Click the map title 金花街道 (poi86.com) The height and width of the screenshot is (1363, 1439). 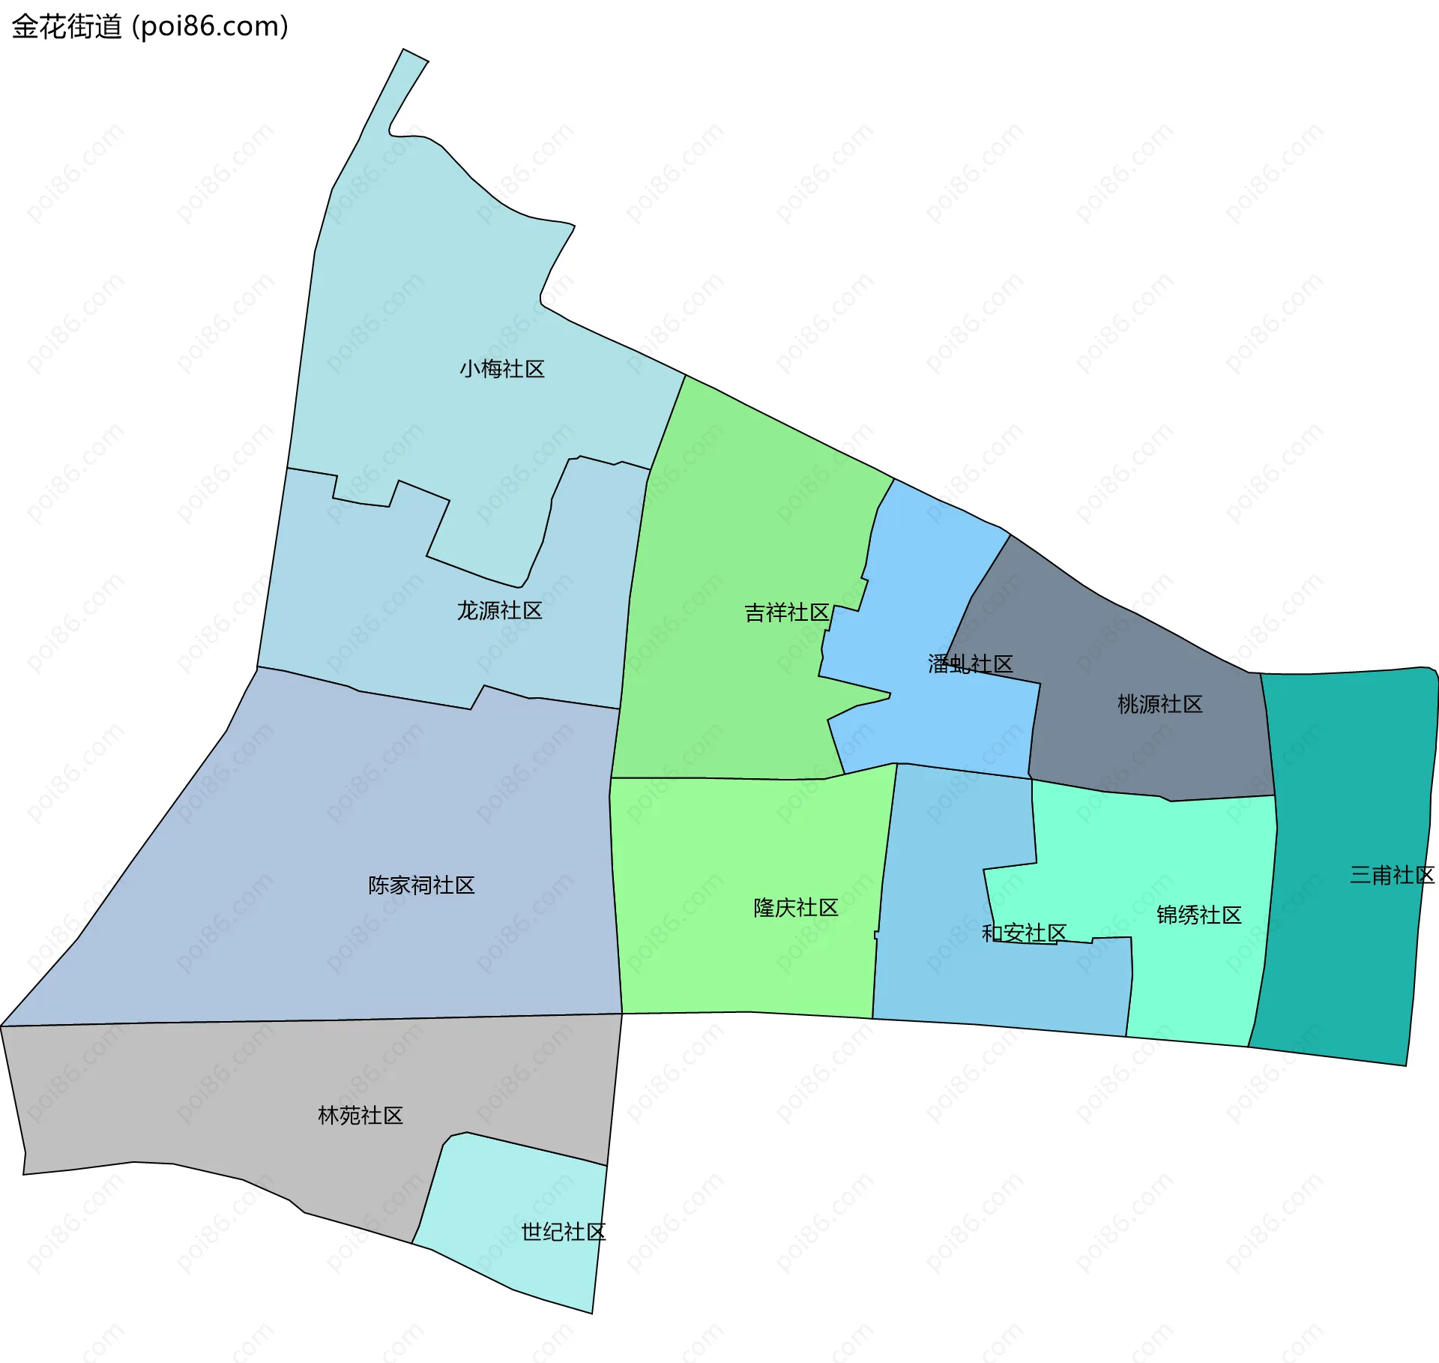[150, 27]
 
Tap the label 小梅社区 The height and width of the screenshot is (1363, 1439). [501, 369]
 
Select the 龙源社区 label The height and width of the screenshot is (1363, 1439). [499, 610]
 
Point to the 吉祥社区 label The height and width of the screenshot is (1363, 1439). [786, 613]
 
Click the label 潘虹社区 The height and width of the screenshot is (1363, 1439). [970, 664]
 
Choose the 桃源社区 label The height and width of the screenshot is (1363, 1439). [1159, 704]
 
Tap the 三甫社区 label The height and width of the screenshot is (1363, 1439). [1392, 875]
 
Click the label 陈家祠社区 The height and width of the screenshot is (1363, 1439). [421, 885]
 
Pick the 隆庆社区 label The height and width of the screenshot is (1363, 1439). [795, 908]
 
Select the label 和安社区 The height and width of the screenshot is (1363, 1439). [1024, 933]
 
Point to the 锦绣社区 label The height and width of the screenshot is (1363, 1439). [1198, 915]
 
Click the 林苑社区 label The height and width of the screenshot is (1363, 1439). [360, 1116]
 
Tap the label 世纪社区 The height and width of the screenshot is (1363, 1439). [563, 1232]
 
